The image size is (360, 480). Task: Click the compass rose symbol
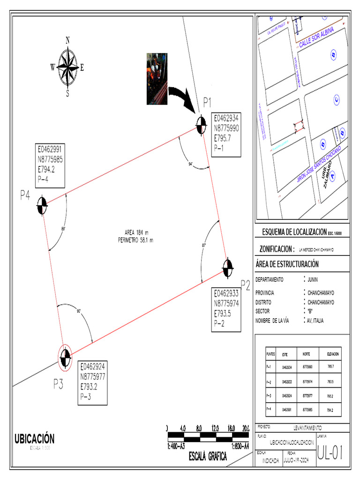coord(67,67)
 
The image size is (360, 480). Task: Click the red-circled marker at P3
coord(65,357)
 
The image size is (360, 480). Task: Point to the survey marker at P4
coord(42,205)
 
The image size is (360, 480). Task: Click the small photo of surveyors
coord(157,78)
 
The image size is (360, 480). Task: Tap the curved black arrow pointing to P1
coord(183,97)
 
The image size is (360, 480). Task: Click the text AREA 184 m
coord(136,232)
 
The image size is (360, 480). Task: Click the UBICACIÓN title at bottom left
coord(34,439)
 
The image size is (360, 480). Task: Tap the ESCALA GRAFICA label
coord(208,457)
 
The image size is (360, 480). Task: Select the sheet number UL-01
coord(331,453)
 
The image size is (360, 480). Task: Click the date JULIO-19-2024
coord(298,460)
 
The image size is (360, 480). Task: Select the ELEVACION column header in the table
coord(330,354)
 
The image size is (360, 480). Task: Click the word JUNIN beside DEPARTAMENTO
coord(313,280)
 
